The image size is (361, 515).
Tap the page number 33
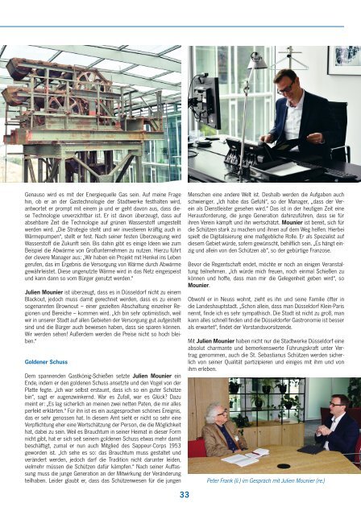click(184, 494)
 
